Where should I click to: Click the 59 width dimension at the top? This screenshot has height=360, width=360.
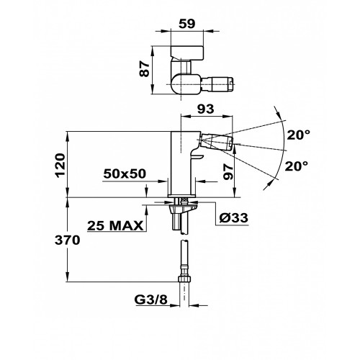tap(187, 24)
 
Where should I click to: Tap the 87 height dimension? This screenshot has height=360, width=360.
tap(145, 69)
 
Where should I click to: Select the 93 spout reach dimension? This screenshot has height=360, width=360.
tap(205, 109)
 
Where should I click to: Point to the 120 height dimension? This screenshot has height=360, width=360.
tap(60, 166)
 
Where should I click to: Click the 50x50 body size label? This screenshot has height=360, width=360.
tap(125, 174)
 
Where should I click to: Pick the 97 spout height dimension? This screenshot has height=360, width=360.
tap(228, 172)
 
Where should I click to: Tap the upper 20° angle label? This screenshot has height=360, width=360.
tap(299, 135)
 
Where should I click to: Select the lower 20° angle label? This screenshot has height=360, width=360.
tap(297, 166)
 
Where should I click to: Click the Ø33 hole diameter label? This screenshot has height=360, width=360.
tap(234, 218)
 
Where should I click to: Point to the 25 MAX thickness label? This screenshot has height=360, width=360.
tap(115, 225)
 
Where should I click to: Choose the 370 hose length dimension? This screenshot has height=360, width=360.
tap(67, 240)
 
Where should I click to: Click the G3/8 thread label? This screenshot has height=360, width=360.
tap(150, 300)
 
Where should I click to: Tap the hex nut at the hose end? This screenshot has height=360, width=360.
tap(184, 279)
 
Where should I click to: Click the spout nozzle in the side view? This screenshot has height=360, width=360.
tap(217, 142)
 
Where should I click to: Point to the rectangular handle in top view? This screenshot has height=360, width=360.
tap(187, 53)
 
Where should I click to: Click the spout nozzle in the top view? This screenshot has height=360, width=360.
tap(217, 84)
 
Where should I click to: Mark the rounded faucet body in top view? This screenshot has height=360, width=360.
tap(186, 84)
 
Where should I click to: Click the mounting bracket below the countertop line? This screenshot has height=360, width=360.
tap(183, 207)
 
